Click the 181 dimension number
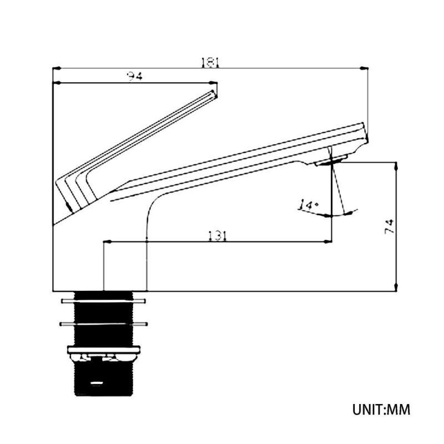tap(210, 63)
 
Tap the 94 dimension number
tap(134, 76)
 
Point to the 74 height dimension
tap(390, 226)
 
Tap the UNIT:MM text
tap(381, 410)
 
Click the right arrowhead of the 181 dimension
tap(364, 68)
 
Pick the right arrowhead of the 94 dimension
tap(213, 83)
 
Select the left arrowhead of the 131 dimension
tap(107, 241)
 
